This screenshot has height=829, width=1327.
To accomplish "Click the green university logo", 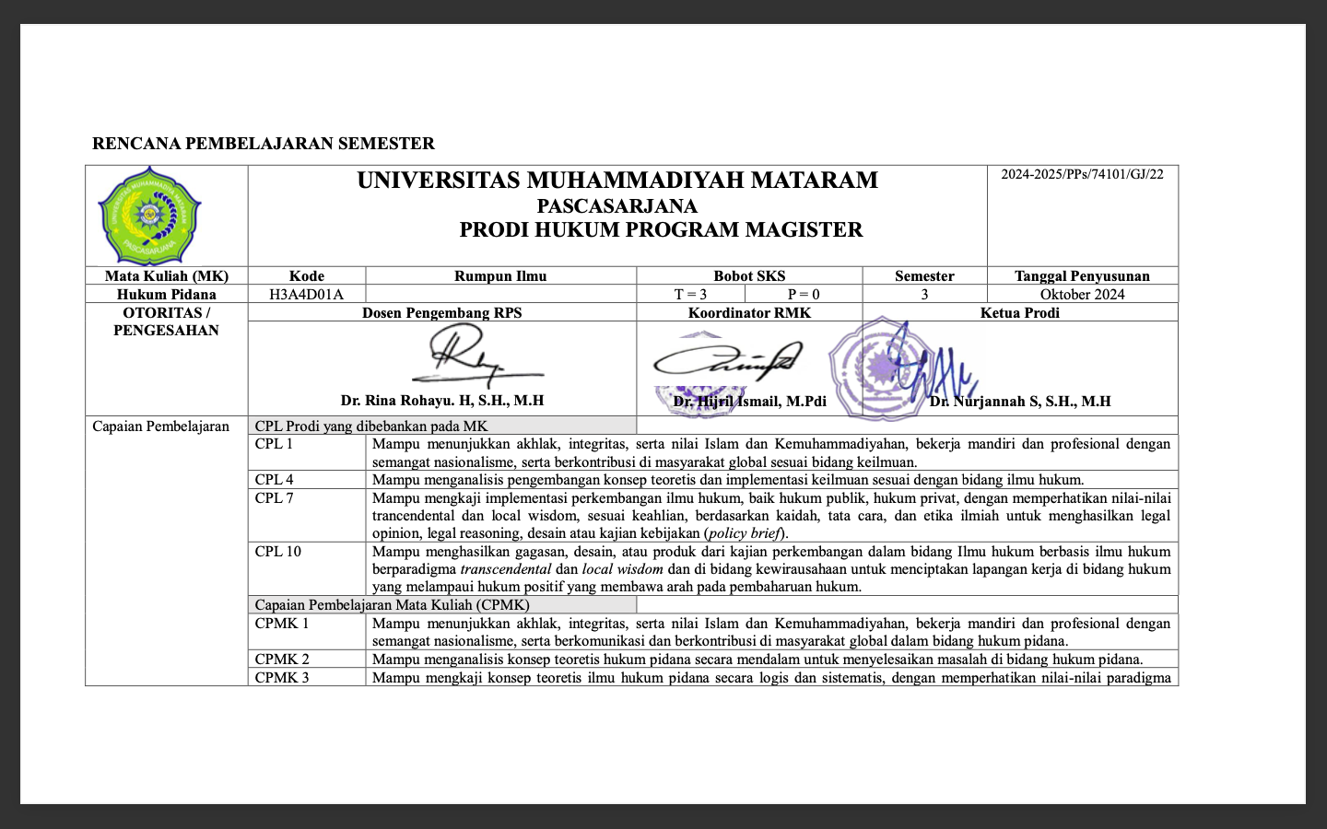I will click(149, 216).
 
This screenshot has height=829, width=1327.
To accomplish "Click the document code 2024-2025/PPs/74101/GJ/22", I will click(1082, 174).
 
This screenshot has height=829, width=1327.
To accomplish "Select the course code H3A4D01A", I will click(306, 295).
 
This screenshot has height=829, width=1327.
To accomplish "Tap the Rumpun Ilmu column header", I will click(500, 276).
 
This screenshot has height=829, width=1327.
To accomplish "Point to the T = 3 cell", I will click(690, 295).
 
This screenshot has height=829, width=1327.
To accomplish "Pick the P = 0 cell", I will click(804, 295).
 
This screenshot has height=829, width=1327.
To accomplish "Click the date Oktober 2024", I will click(1082, 295).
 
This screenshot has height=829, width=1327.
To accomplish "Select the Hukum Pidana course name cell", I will click(167, 295).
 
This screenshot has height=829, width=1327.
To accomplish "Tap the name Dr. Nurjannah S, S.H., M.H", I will click(1020, 402).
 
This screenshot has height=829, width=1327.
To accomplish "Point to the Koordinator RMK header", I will click(749, 313).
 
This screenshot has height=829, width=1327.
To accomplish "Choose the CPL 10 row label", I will click(278, 552).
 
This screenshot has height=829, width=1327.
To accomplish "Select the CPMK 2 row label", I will click(282, 660).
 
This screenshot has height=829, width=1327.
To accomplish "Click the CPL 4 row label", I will click(275, 480).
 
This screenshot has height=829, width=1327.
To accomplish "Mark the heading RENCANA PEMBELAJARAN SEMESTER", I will click(264, 144).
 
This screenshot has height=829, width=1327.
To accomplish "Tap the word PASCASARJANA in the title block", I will click(617, 206).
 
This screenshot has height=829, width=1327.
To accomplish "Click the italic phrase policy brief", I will click(745, 533).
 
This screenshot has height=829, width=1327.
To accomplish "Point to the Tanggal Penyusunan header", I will click(1082, 276).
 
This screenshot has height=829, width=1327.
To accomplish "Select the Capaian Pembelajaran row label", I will click(161, 426).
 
